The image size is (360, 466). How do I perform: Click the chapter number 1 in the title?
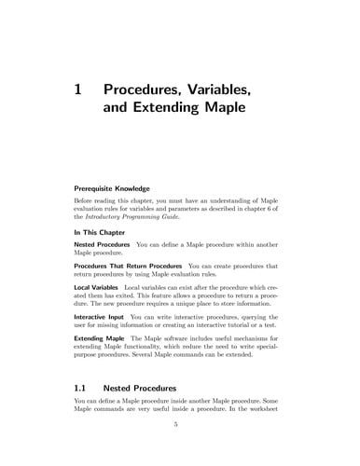click(x=79, y=90)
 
